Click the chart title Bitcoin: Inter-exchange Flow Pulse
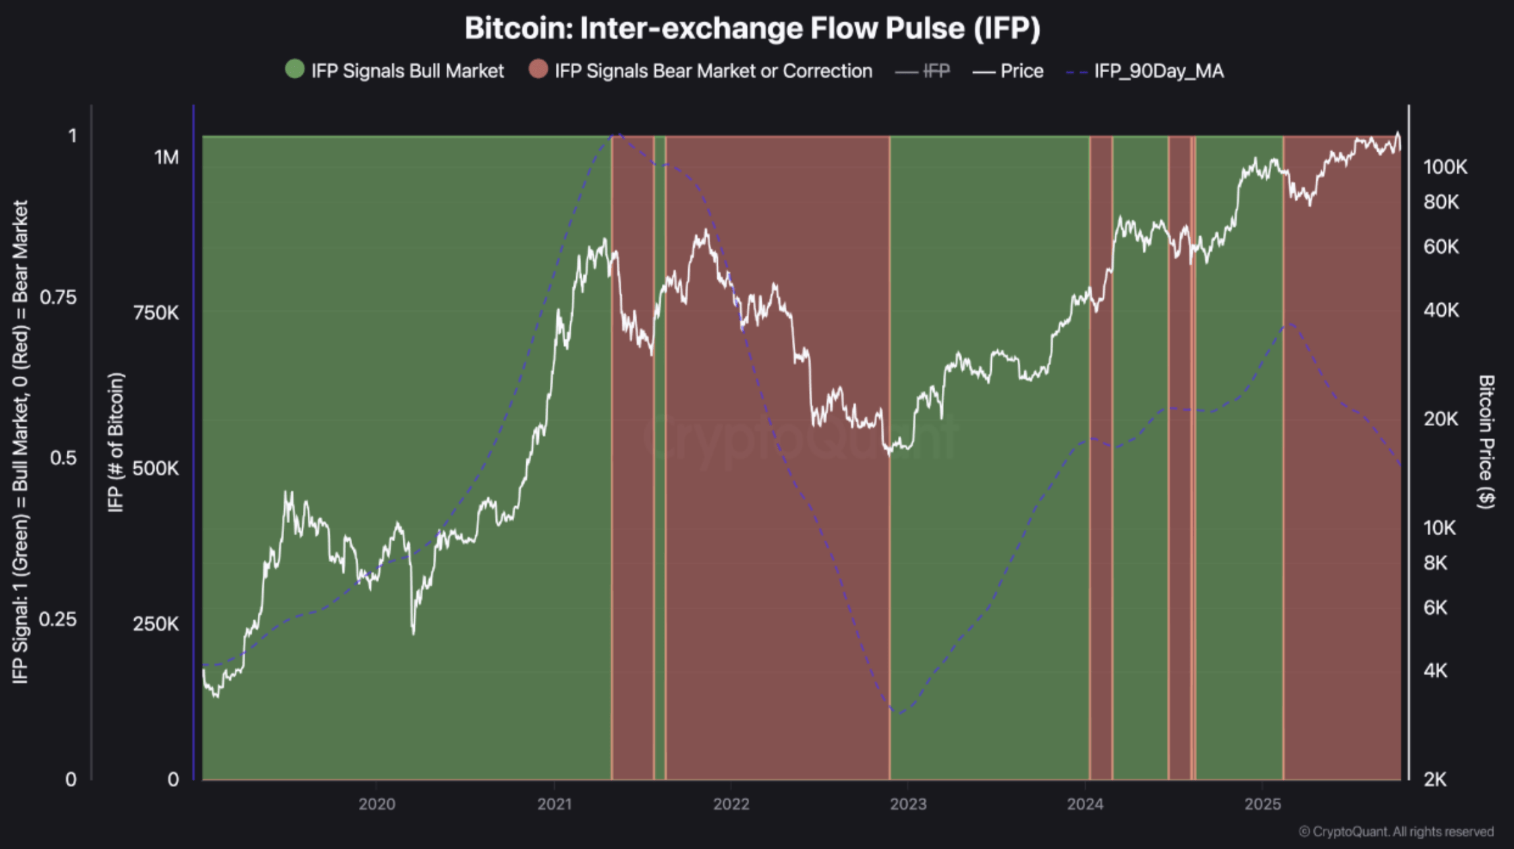click(x=752, y=28)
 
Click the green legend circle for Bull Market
click(x=295, y=70)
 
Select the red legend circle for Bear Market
click(x=538, y=70)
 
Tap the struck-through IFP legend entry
click(x=936, y=71)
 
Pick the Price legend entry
click(x=1021, y=71)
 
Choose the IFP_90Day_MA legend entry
click(x=1158, y=71)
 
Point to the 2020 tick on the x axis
click(x=376, y=804)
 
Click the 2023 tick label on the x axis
click(x=908, y=804)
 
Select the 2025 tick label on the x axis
click(x=1262, y=804)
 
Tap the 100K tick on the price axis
click(x=1445, y=167)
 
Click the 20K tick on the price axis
click(x=1440, y=419)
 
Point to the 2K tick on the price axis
click(x=1436, y=779)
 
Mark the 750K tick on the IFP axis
click(x=156, y=312)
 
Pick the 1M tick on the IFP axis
click(x=166, y=157)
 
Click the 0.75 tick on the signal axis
click(x=58, y=297)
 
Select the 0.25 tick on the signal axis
click(x=58, y=619)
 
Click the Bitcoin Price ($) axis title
click(x=1486, y=442)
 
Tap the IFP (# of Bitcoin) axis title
click(x=116, y=442)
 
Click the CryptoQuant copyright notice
click(x=1396, y=832)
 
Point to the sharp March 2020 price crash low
click(x=413, y=632)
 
